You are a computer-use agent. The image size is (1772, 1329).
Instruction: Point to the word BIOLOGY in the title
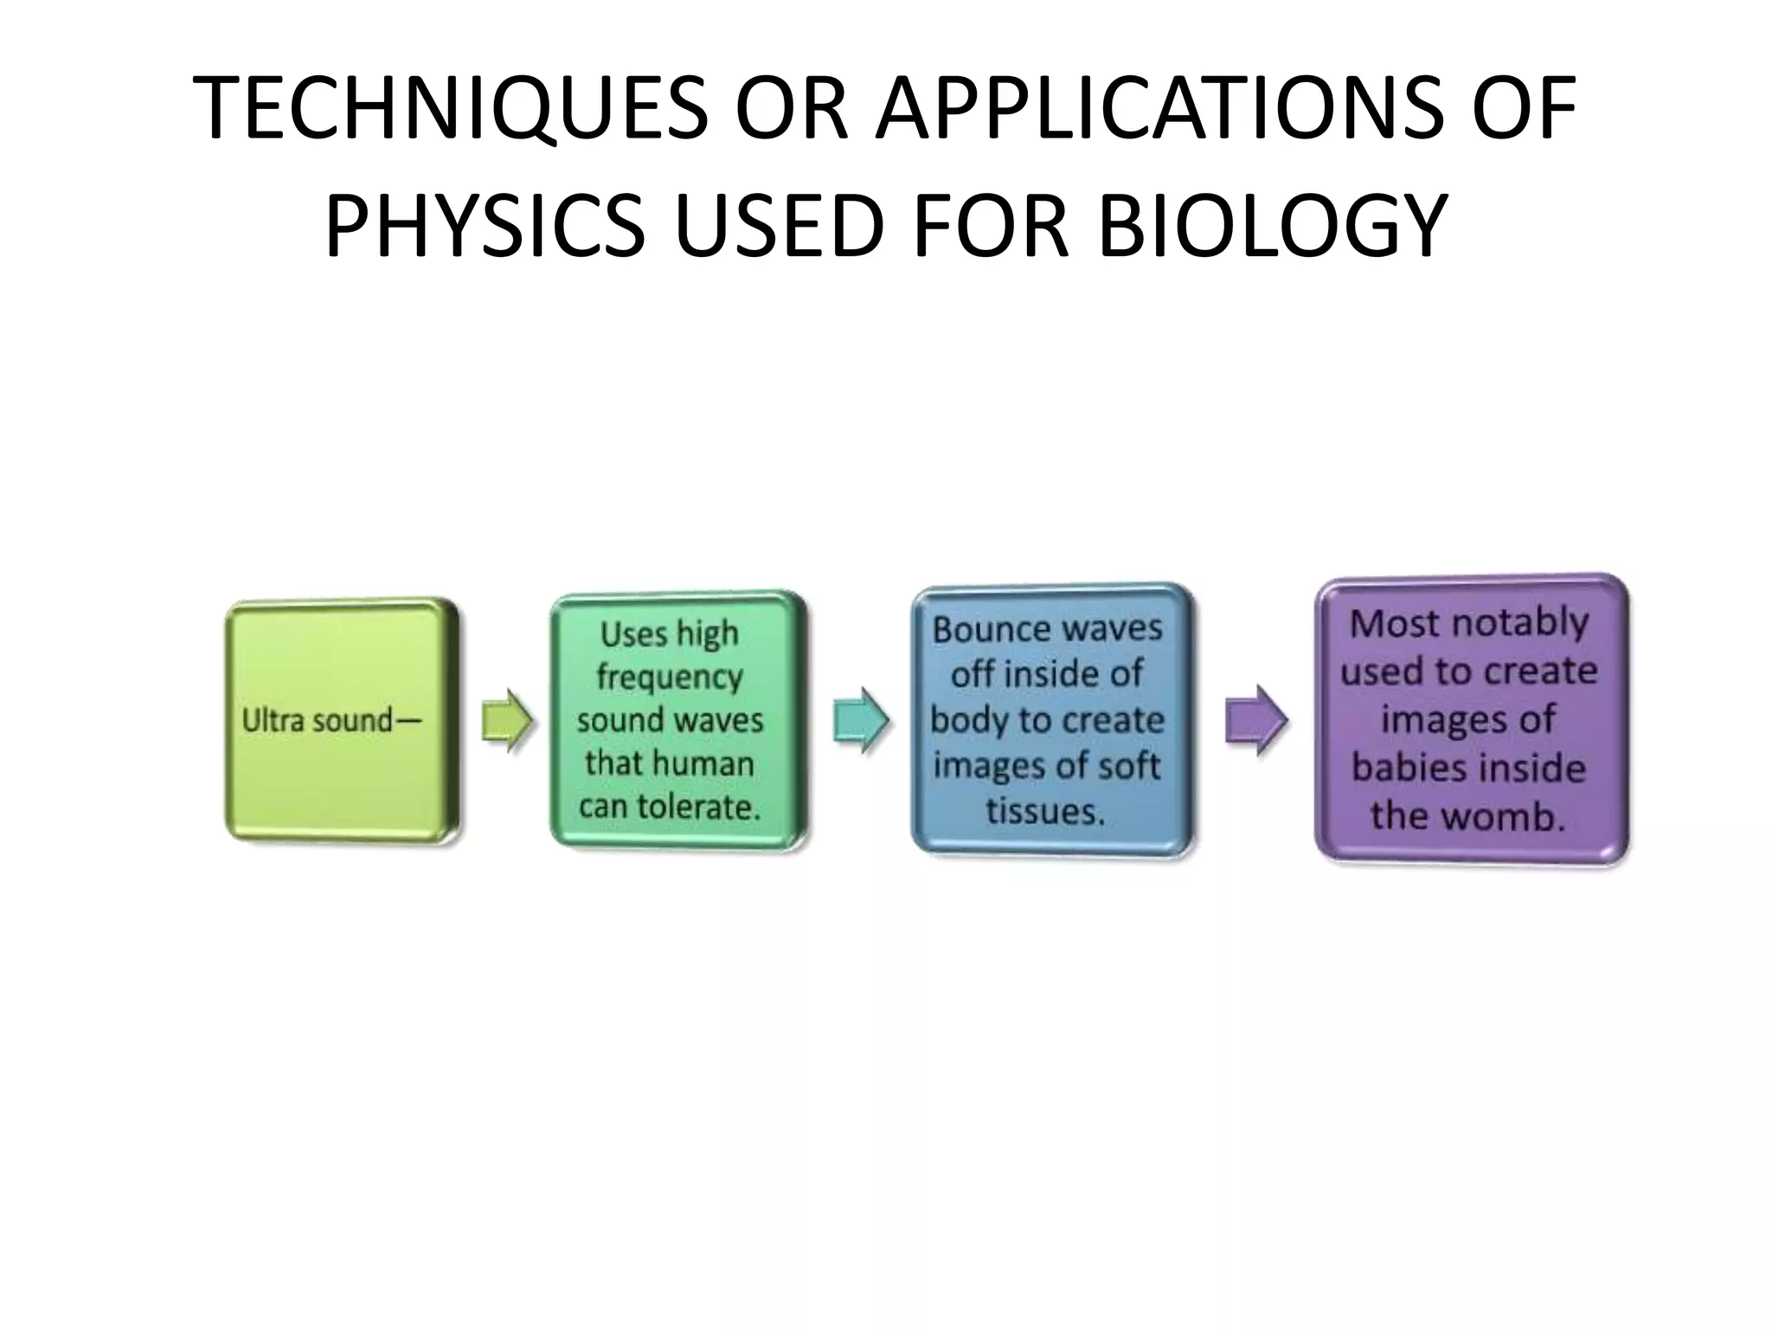(1273, 227)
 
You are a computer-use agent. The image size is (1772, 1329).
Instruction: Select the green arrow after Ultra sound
(508, 721)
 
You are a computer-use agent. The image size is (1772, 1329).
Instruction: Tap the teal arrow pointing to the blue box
(861, 721)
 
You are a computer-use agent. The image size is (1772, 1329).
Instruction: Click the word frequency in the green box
(670, 677)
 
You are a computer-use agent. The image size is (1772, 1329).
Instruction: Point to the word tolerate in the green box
(700, 806)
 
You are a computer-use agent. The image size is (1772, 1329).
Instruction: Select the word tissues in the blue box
(1045, 811)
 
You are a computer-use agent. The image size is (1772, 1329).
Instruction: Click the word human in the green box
(704, 763)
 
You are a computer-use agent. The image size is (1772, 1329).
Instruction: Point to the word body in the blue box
(967, 721)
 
